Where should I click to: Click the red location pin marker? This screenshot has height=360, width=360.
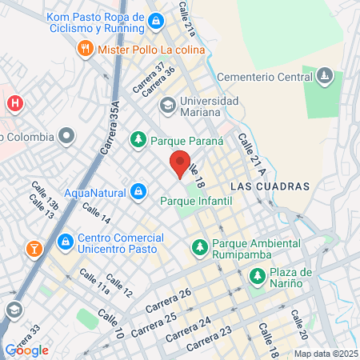click(x=180, y=163)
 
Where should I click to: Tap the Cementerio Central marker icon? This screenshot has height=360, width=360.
click(x=324, y=77)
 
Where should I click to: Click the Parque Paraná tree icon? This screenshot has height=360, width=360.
click(x=138, y=139)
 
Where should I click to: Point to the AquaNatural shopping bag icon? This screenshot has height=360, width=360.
click(x=139, y=191)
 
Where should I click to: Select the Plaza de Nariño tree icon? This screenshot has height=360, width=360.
click(x=257, y=276)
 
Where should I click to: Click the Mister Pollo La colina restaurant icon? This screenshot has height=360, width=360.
click(x=85, y=49)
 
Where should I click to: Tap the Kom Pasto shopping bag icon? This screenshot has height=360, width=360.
click(x=155, y=23)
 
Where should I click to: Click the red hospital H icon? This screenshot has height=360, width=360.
click(x=14, y=103)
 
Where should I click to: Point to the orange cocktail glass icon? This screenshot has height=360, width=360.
click(x=34, y=248)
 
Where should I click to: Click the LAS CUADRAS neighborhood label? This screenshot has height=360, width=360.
click(x=269, y=186)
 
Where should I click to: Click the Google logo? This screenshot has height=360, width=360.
click(x=27, y=350)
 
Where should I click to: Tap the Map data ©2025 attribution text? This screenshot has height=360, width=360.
click(x=324, y=354)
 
